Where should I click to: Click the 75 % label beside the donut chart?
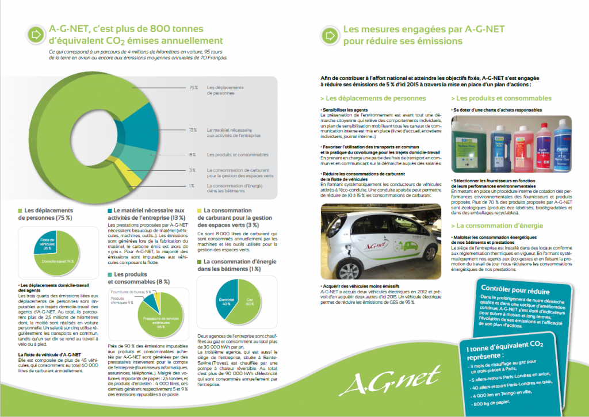tap(193, 87)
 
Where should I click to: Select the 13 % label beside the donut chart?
tap(193, 130)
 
